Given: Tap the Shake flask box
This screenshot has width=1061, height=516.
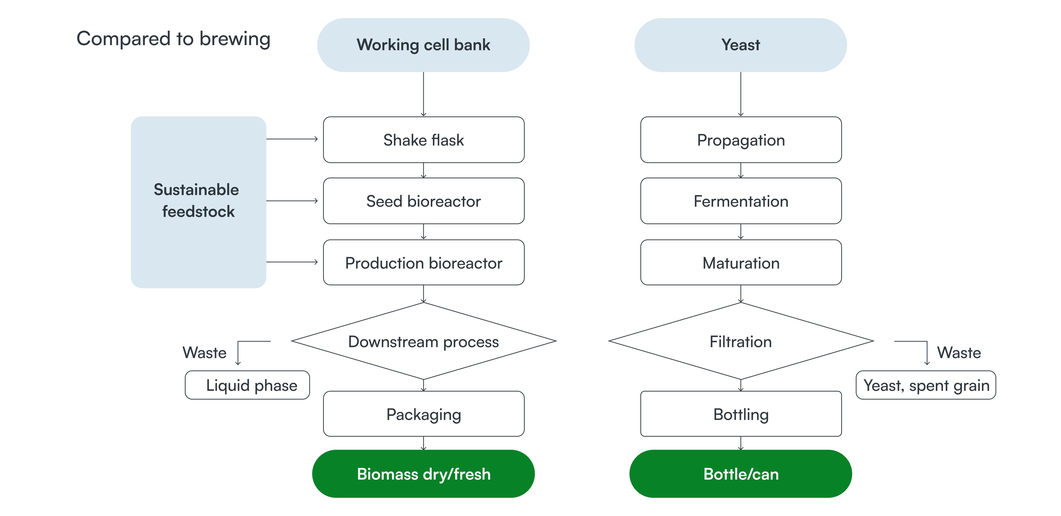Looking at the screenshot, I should (424, 140).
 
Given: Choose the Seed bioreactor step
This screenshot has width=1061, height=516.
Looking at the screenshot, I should (424, 201).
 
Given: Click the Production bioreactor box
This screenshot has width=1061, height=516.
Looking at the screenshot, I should (424, 263).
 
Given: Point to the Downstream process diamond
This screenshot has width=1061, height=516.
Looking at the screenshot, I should (424, 341).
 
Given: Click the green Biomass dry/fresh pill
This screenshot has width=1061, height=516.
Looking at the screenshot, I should (424, 474).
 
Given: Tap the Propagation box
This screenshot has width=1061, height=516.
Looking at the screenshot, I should (741, 140).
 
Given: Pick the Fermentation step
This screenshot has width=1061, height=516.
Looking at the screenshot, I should (741, 201).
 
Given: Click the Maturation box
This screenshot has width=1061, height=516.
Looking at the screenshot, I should (741, 263).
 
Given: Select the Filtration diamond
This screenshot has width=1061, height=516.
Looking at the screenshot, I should (741, 341).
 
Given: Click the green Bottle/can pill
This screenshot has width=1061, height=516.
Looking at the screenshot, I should (741, 474).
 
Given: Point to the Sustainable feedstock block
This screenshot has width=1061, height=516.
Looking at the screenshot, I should (198, 202).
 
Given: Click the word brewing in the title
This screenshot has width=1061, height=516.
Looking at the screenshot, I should (235, 39).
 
